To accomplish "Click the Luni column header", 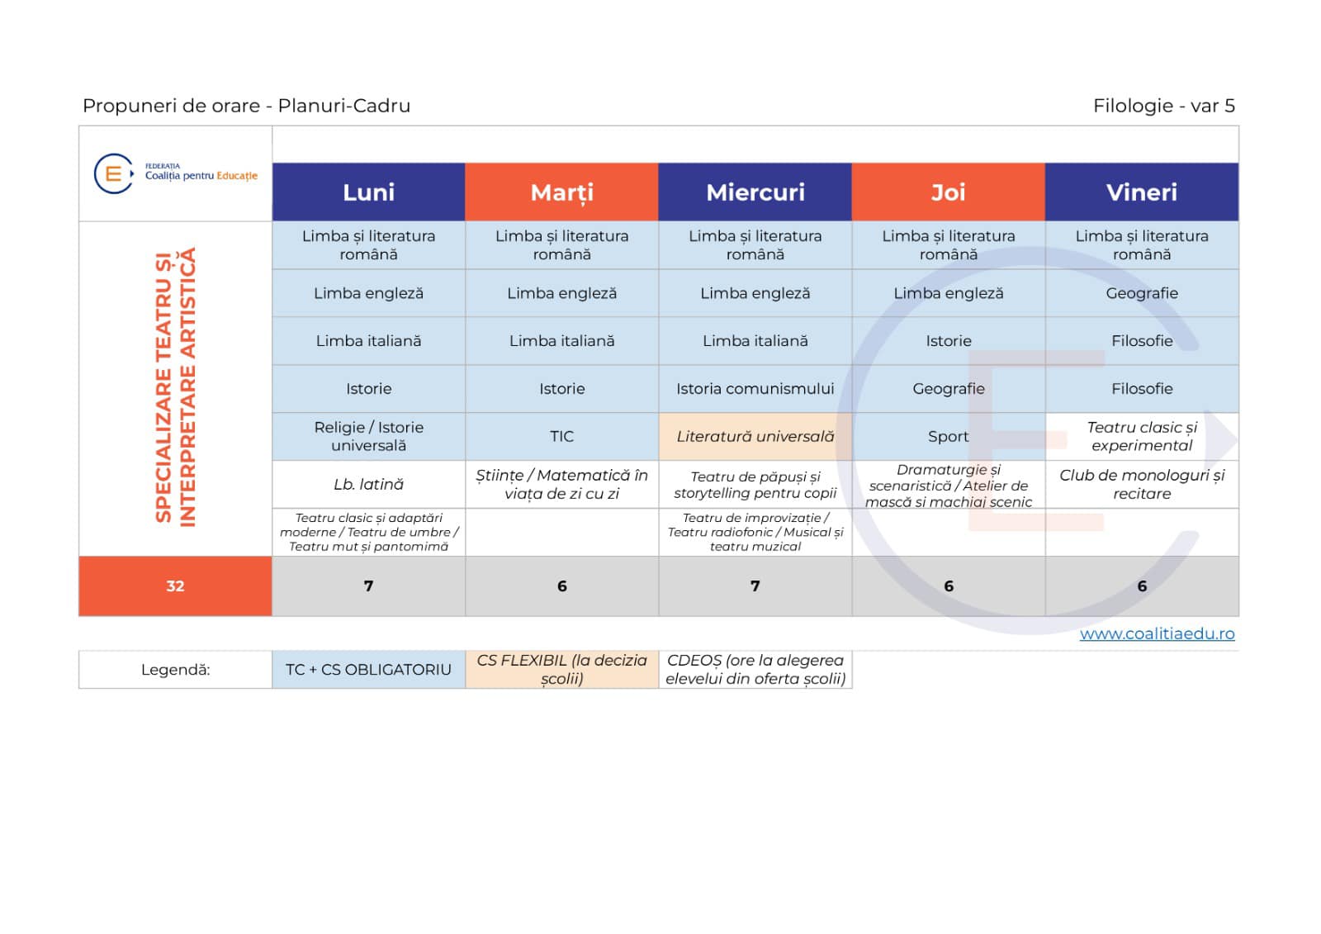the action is click(x=368, y=192).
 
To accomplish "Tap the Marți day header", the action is click(x=561, y=192).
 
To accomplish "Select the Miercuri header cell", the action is click(x=755, y=192).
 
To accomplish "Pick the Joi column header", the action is click(x=949, y=192).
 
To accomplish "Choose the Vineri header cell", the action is click(x=1142, y=192).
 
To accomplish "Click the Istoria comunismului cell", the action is click(x=755, y=389).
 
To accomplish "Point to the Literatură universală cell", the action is click(x=755, y=437).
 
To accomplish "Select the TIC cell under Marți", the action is click(x=561, y=437).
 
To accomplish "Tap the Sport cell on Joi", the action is click(x=949, y=437).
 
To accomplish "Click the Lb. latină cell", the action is click(x=368, y=485).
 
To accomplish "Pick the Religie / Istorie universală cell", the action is click(x=368, y=437).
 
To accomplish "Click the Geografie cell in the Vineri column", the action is click(x=1142, y=293).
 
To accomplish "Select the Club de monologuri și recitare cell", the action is click(x=1142, y=485).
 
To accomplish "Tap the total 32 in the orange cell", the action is click(x=175, y=586).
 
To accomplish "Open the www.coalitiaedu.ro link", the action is click(x=1157, y=633).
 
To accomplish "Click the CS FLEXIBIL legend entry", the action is click(x=561, y=670).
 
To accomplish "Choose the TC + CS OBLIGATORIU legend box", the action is click(x=368, y=670).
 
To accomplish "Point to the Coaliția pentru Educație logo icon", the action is click(x=114, y=173).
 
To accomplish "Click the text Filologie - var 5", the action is click(x=1163, y=106).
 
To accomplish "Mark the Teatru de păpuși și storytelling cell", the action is click(x=755, y=485).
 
